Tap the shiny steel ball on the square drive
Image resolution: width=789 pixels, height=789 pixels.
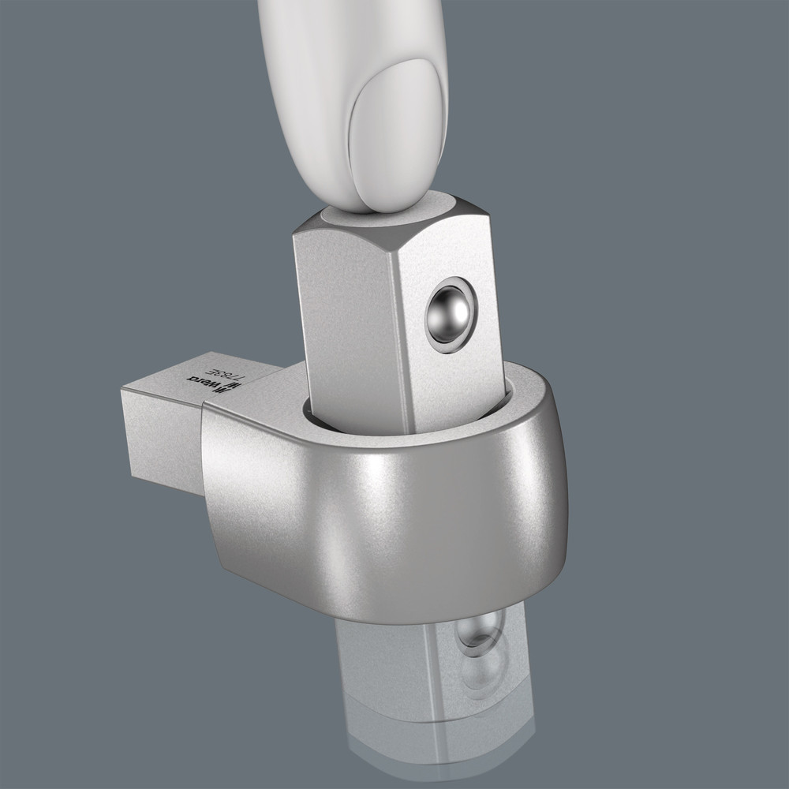coord(448,313)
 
